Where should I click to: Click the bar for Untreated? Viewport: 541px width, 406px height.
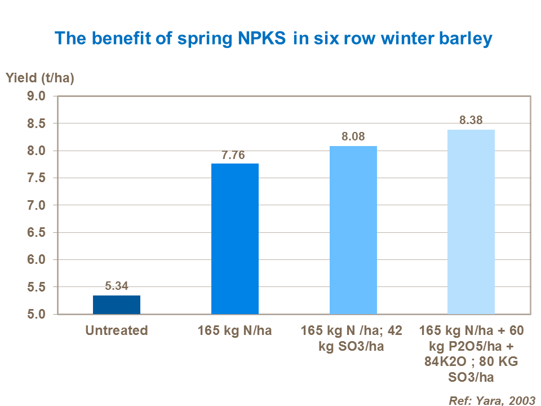[x=117, y=304]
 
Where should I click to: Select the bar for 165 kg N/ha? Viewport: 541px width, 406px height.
[x=235, y=239]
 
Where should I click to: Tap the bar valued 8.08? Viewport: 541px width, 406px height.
[x=353, y=230]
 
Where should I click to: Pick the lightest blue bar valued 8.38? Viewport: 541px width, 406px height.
[x=471, y=222]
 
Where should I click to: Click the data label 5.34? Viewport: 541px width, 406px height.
[x=117, y=286]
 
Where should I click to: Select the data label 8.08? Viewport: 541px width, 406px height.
[x=353, y=137]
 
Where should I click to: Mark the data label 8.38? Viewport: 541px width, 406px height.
[x=471, y=120]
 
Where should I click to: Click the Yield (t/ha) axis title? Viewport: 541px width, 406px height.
[x=40, y=78]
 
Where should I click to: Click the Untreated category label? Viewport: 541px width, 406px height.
[x=117, y=330]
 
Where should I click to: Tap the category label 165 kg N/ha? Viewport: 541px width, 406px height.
[x=235, y=330]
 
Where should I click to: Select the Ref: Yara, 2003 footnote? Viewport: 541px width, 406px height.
[x=491, y=400]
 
